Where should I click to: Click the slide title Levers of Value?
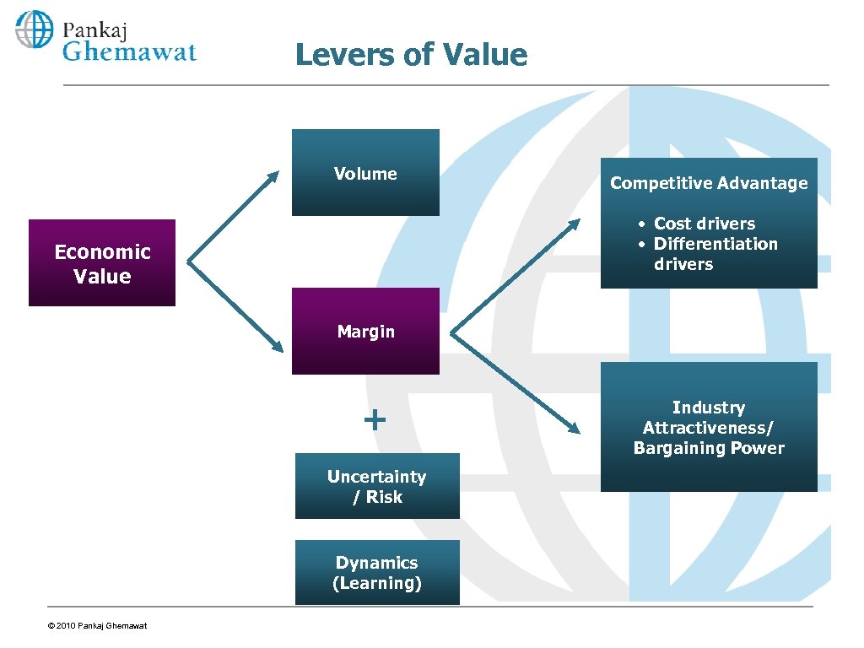(411, 56)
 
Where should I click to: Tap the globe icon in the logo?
(34, 30)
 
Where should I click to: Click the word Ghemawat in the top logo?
(130, 51)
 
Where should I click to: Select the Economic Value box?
(102, 263)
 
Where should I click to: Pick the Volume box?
(365, 173)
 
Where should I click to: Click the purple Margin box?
(365, 332)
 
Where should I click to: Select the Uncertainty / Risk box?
(377, 486)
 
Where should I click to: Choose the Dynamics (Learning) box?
(377, 572)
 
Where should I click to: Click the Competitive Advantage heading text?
(709, 183)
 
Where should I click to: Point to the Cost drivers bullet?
(704, 224)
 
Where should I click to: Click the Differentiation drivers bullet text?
(715, 253)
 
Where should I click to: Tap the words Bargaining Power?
(709, 448)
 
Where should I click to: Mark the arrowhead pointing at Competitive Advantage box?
(575, 224)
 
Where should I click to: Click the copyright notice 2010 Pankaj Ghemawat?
(98, 625)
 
